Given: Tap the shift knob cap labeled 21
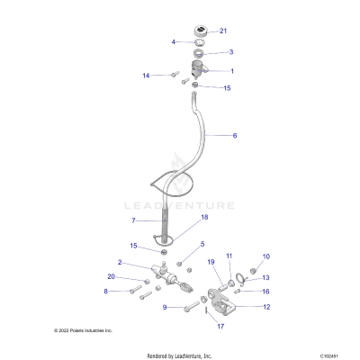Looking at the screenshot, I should [199, 33].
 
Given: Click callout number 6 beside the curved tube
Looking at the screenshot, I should [235, 136].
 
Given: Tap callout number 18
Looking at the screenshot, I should [204, 218].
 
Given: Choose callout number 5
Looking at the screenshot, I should [202, 244].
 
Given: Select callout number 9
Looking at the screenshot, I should [165, 308].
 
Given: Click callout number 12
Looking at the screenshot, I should [265, 307].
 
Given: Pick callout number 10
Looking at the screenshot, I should [265, 257].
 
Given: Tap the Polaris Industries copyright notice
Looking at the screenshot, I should [83, 331].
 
